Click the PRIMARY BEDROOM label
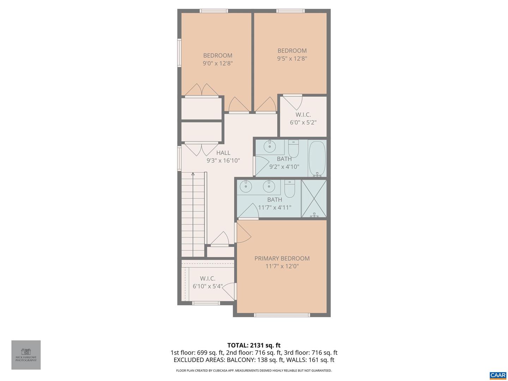[282, 259]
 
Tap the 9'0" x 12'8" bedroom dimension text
[218, 64]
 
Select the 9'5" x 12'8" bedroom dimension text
[292, 59]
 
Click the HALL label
[223, 153]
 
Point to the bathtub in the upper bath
[317, 158]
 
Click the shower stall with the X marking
[314, 199]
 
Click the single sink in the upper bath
[270, 146]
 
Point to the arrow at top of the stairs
[193, 174]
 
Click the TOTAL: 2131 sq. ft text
[254, 345]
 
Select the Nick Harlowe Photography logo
[26, 355]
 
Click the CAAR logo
[498, 375]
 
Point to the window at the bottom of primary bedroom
[282, 315]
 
